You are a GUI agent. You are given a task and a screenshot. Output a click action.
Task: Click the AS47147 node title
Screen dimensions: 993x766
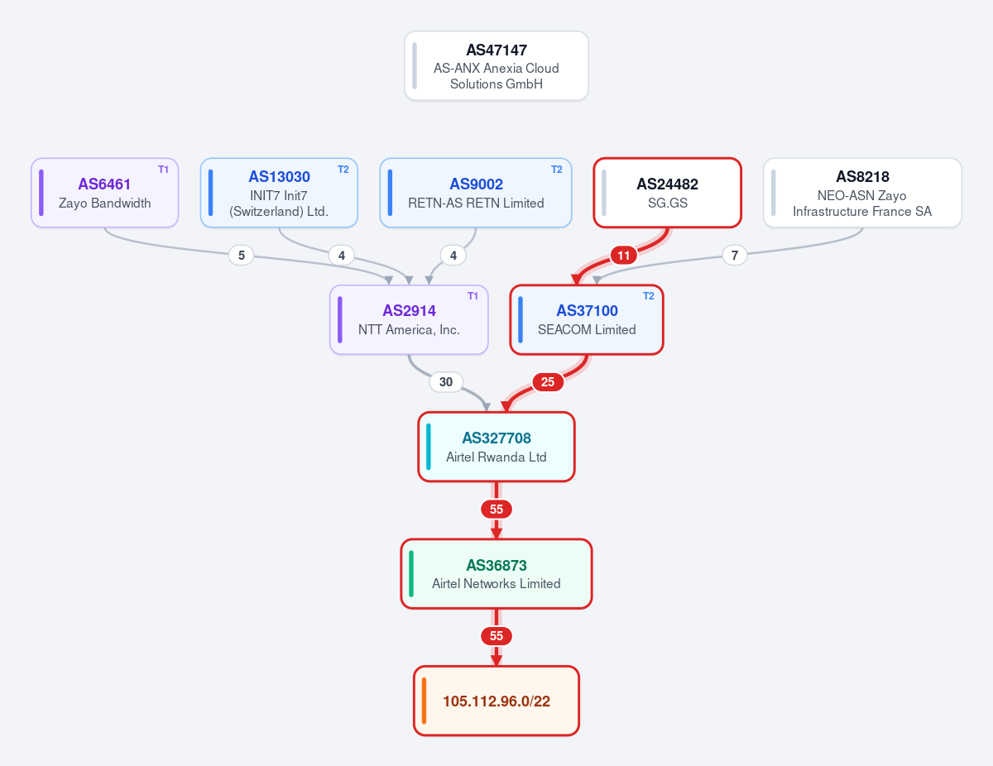point(496,50)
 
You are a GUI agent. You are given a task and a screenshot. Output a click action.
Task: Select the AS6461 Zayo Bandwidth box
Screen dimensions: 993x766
point(104,193)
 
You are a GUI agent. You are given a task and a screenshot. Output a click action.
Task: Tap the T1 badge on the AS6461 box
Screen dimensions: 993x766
point(163,170)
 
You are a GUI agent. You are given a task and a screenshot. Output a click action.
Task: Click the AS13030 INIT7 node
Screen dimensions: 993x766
point(279,193)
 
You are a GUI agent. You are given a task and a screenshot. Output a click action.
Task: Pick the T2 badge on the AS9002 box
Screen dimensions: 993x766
point(557,170)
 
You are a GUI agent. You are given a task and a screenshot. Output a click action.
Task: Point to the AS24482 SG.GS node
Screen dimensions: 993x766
point(667,193)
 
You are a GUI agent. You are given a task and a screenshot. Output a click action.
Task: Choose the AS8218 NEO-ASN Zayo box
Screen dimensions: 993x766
point(862,193)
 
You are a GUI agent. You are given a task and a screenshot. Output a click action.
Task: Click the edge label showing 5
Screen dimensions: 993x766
point(242,255)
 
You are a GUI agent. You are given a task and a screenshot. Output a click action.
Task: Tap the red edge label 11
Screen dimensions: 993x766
point(623,255)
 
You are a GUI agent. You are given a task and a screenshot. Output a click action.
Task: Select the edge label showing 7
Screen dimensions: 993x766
point(734,255)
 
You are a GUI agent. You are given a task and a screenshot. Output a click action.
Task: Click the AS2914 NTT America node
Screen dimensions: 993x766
point(409,320)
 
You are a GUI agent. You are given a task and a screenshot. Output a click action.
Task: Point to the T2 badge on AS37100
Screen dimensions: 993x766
point(649,296)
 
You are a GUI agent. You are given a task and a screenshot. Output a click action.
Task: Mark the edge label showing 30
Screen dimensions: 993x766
point(446,382)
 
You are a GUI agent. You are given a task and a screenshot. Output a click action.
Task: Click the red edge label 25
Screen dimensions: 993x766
point(548,382)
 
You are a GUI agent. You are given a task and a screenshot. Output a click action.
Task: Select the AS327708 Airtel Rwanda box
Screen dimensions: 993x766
point(496,447)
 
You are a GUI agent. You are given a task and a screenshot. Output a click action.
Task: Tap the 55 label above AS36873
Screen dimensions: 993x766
point(496,509)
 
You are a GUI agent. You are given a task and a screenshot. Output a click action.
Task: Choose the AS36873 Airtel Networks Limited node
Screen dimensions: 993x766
point(496,574)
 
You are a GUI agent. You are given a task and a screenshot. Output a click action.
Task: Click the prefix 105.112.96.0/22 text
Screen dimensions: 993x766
point(496,701)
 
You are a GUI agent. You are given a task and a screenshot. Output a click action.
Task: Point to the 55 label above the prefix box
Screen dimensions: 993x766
point(496,636)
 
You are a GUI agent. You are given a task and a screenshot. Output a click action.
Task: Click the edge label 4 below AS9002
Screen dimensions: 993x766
point(453,255)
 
